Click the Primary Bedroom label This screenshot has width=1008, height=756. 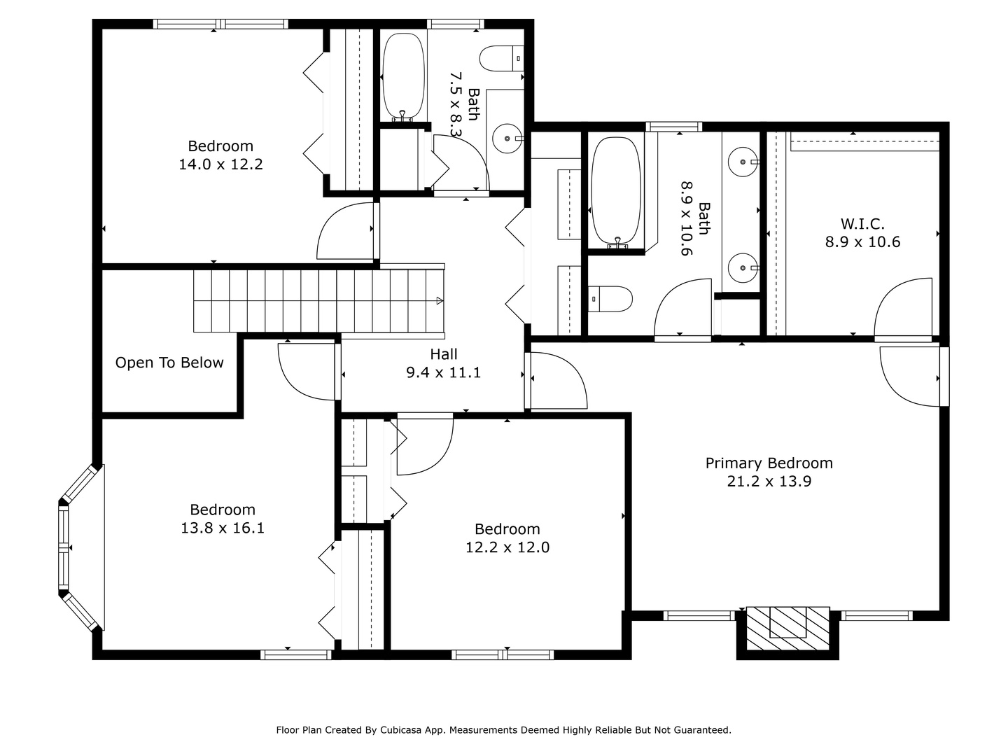click(769, 463)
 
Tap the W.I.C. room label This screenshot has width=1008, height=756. click(862, 224)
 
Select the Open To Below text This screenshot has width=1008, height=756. click(169, 363)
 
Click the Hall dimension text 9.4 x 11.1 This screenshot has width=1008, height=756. click(444, 372)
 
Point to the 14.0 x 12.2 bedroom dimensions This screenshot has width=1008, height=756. click(220, 164)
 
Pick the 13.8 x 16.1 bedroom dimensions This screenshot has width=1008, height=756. click(223, 528)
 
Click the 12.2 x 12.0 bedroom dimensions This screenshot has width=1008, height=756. click(507, 547)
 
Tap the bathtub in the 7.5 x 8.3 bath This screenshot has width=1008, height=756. click(403, 77)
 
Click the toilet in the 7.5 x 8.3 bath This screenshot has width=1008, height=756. click(501, 58)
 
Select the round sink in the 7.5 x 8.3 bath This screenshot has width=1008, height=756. click(507, 138)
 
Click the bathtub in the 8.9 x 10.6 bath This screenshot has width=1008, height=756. click(616, 192)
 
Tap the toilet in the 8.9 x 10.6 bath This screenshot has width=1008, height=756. click(610, 299)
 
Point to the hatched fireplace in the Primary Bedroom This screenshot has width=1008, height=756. click(787, 629)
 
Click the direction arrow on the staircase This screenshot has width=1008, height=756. click(440, 301)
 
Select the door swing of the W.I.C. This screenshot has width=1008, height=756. click(903, 307)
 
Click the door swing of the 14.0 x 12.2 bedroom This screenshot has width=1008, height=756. click(345, 231)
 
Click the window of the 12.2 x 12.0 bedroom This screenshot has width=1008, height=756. click(503, 655)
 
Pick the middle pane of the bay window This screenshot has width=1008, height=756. click(64, 547)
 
